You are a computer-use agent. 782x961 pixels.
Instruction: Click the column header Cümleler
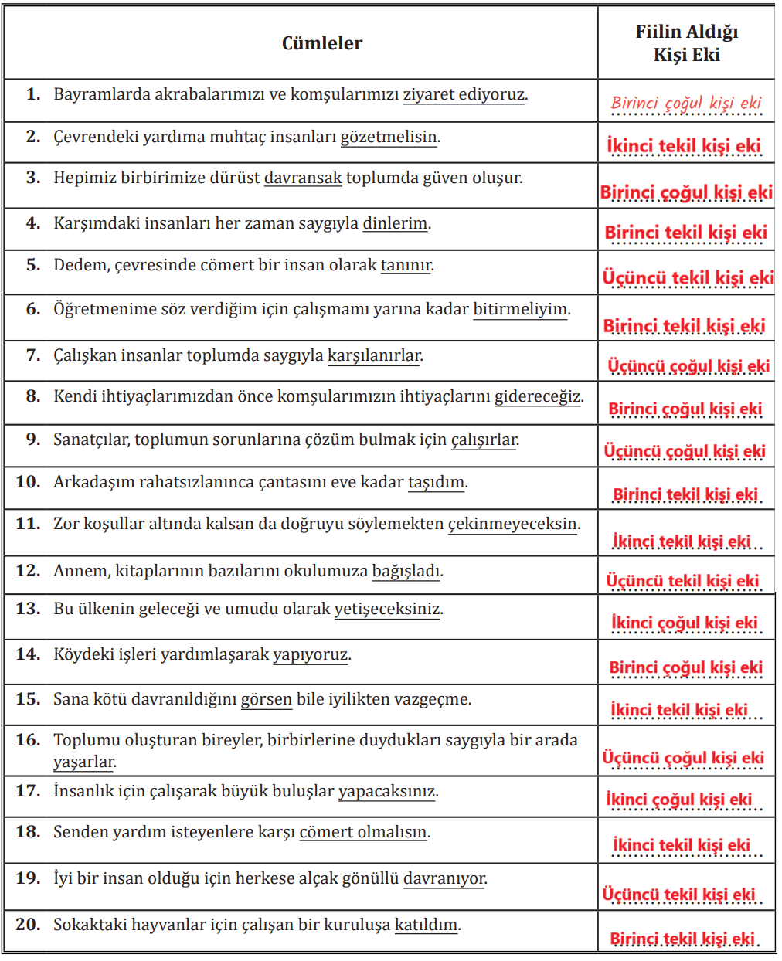(321, 43)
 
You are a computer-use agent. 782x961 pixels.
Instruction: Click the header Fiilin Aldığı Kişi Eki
(686, 43)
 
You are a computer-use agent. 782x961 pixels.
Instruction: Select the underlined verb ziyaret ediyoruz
(464, 95)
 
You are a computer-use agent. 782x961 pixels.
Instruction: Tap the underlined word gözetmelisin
(389, 138)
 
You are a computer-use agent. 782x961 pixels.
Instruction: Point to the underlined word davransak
(303, 178)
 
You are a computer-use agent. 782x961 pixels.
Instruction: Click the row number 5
(33, 265)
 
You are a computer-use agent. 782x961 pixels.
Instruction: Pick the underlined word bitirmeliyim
(520, 310)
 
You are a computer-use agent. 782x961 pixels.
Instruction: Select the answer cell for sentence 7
(687, 365)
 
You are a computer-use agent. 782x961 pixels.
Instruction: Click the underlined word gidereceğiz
(537, 397)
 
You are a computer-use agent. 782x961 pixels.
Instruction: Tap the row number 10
(28, 482)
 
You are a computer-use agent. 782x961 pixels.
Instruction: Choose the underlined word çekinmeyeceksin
(512, 524)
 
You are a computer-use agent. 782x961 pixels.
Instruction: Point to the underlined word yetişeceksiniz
(387, 609)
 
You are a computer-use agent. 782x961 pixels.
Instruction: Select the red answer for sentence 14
(685, 667)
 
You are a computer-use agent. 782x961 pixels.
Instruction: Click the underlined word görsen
(267, 700)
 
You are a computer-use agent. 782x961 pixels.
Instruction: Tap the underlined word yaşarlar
(83, 762)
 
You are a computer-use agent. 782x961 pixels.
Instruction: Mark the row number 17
(28, 791)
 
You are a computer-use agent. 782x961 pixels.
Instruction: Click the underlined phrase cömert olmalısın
(362, 833)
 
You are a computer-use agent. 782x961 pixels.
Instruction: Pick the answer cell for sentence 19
(679, 895)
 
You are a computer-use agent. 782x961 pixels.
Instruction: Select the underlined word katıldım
(426, 925)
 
